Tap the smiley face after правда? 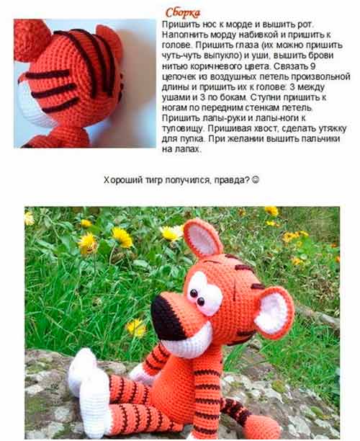[x=255, y=179]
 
